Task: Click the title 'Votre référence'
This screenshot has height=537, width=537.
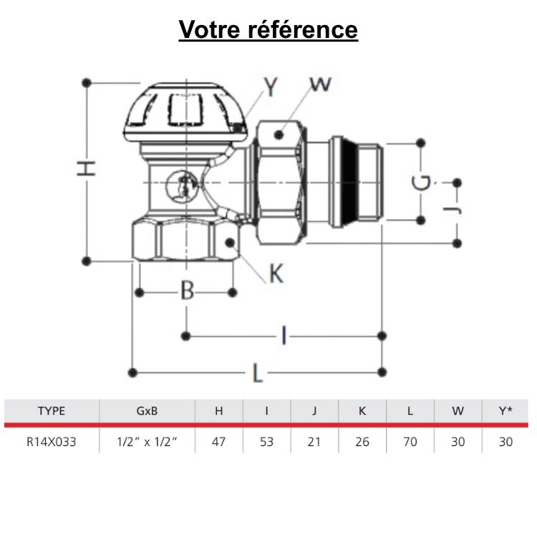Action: pos(268,29)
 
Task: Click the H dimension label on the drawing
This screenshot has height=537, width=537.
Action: pos(86,169)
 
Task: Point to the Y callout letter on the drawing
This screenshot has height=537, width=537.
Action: pos(271,87)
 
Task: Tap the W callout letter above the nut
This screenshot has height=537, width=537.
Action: pos(321,84)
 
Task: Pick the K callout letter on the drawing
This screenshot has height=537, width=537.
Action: pos(276,274)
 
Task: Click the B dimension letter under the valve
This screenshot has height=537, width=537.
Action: pos(186,291)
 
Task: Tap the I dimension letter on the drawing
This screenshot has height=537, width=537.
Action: pos(284,334)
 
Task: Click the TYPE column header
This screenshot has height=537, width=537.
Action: pos(51,411)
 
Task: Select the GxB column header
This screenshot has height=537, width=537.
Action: pos(146,411)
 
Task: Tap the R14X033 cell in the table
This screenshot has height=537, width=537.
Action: pos(51,442)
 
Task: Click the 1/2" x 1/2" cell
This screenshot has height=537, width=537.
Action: pos(146,442)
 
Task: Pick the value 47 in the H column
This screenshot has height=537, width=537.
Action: pos(219,442)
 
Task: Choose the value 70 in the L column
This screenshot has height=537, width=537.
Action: pos(410,442)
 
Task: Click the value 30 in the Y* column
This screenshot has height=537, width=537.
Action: pos(505,442)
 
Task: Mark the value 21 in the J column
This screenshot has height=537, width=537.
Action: pos(314,442)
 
